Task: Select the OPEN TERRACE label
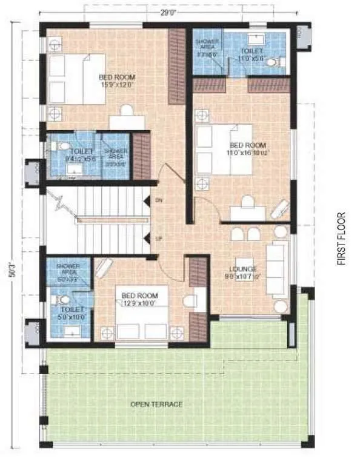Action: pyautogui.click(x=156, y=404)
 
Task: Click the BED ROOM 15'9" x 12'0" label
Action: pyautogui.click(x=117, y=81)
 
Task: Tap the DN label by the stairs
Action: pyautogui.click(x=158, y=200)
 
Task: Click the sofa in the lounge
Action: pyautogui.click(x=279, y=269)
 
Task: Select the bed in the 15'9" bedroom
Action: pyautogui.click(x=76, y=79)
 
